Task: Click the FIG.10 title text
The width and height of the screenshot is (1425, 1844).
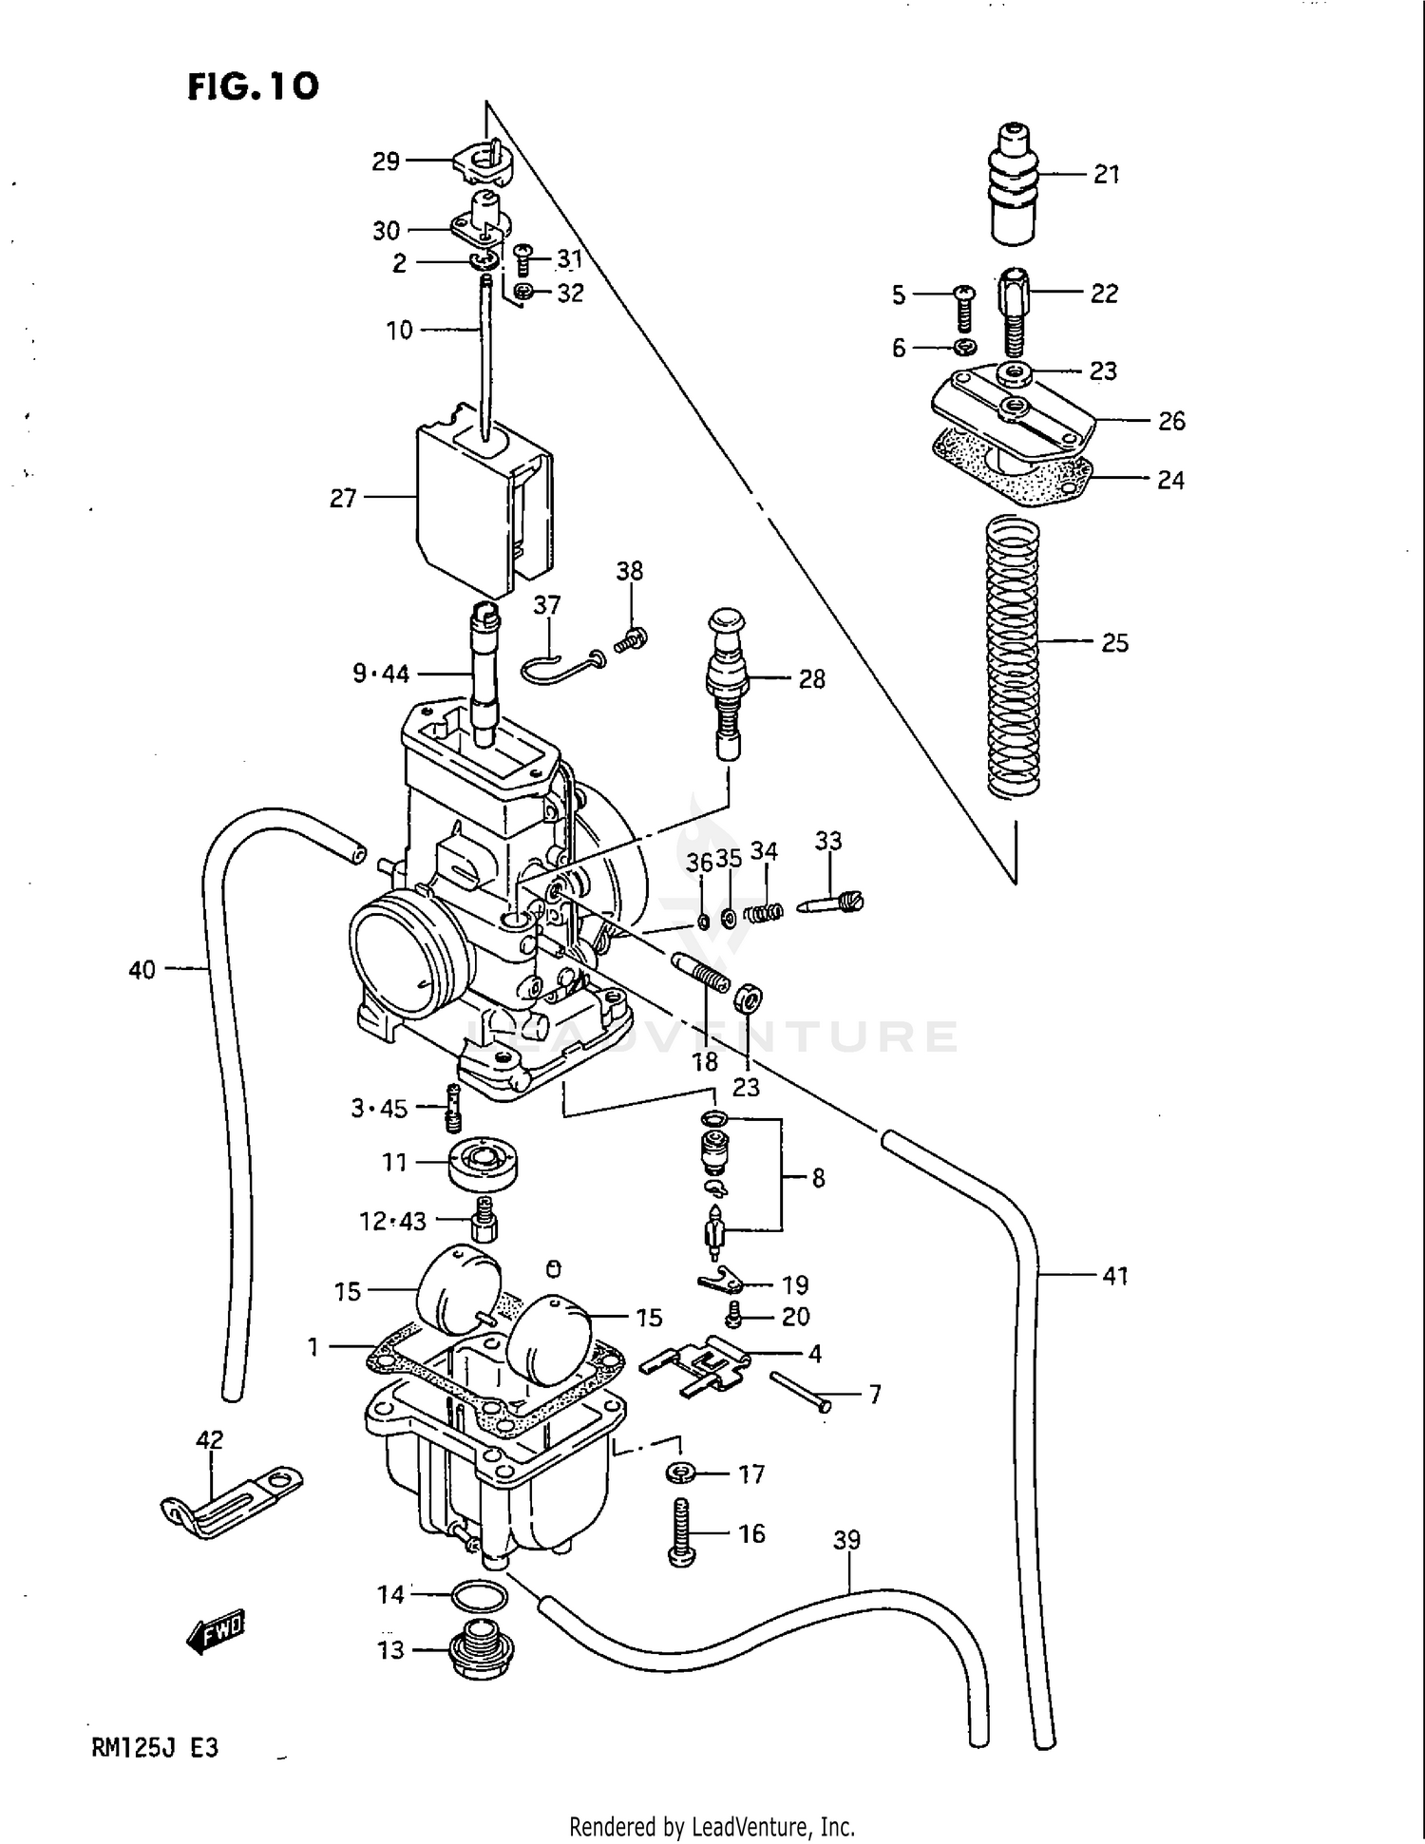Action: pyautogui.click(x=253, y=86)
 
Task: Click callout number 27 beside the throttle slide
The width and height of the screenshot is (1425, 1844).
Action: pyautogui.click(x=343, y=498)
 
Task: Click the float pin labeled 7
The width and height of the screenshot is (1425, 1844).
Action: pyautogui.click(x=800, y=1391)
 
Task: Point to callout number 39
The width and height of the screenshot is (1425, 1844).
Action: pyautogui.click(x=846, y=1538)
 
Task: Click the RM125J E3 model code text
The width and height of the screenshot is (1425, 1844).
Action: pyautogui.click(x=155, y=1747)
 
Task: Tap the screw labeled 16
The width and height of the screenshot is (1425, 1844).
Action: pyautogui.click(x=682, y=1531)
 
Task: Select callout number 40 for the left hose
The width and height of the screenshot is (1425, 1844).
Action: pyautogui.click(x=142, y=970)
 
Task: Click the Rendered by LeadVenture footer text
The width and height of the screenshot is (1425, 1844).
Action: pyautogui.click(x=712, y=1826)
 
